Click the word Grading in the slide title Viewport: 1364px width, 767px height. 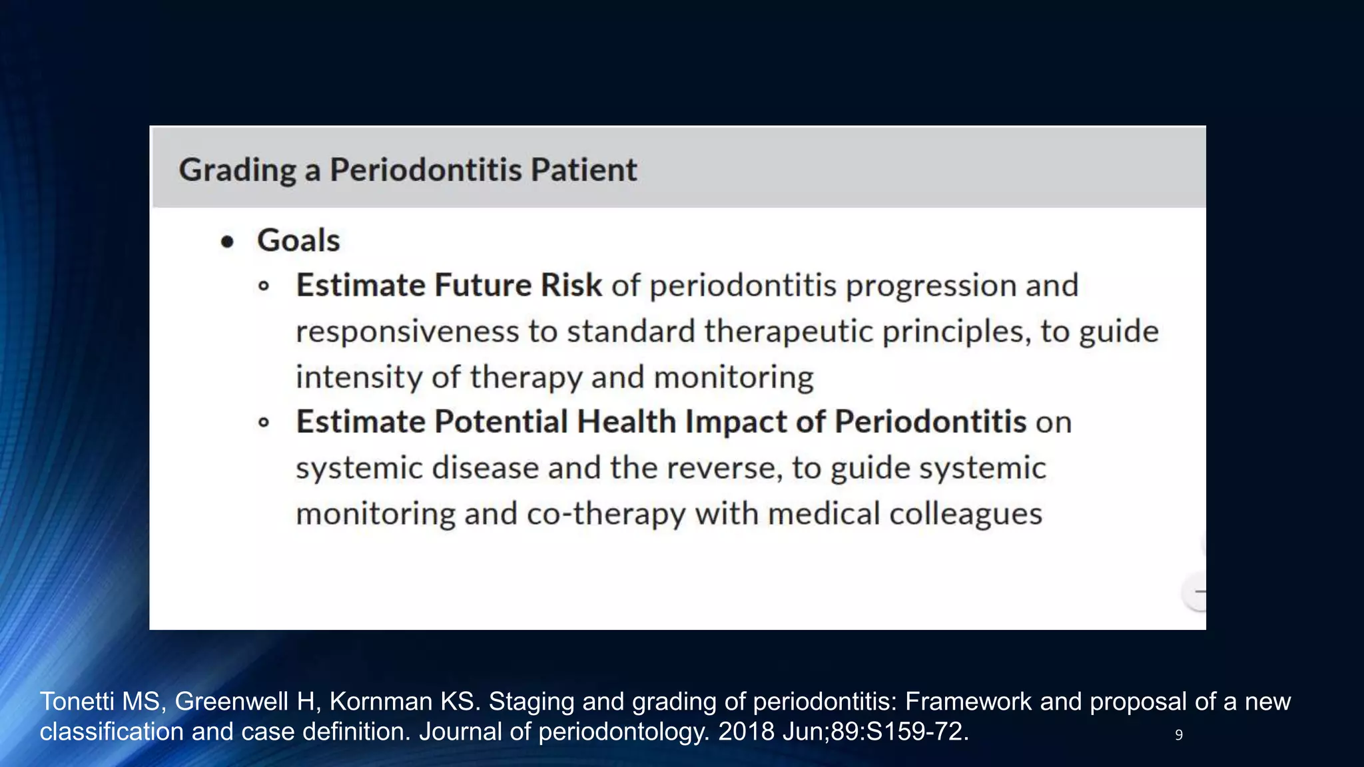pos(237,170)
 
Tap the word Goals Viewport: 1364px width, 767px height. pos(298,240)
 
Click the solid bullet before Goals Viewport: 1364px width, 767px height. pos(228,242)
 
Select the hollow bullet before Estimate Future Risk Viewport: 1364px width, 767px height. pos(264,286)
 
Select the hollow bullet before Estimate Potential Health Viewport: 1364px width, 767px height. pos(264,422)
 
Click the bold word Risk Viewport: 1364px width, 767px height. pos(571,285)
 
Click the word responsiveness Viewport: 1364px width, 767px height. pos(407,332)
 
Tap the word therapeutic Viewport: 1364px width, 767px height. pos(788,331)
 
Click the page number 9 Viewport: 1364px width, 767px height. pos(1178,735)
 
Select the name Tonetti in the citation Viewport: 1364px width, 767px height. pos(79,702)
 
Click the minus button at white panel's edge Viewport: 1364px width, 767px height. pos(1197,591)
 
